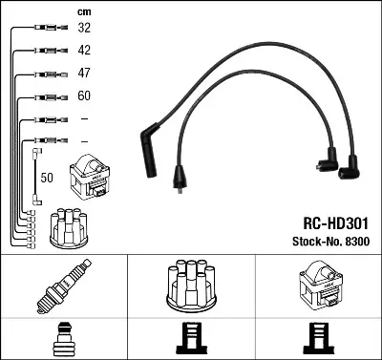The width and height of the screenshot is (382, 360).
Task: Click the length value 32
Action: tap(84, 29)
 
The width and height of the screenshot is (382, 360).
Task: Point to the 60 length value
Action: tap(84, 96)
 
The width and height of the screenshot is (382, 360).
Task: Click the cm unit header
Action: tap(83, 11)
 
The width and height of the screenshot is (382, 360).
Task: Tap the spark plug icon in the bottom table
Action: tap(63, 287)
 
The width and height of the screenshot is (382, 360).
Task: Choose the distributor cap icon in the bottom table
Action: tap(190, 286)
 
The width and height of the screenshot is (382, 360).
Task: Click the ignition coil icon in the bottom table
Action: tap(317, 286)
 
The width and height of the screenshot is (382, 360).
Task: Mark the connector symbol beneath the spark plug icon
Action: tap(63, 338)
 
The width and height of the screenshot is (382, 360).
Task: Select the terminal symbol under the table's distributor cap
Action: tap(190, 338)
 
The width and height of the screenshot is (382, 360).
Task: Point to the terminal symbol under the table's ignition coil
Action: tap(317, 338)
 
